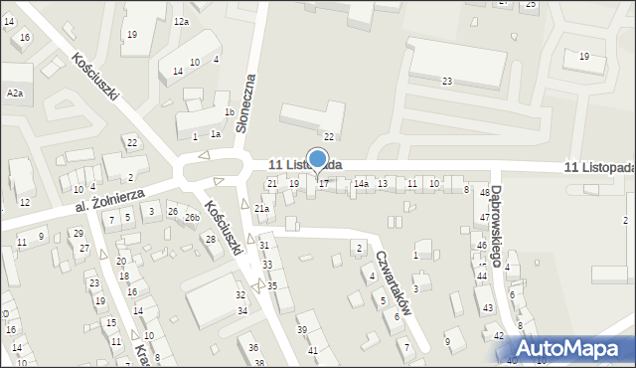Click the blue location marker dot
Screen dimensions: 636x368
[x=318, y=159]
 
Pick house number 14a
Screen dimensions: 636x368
[x=361, y=184]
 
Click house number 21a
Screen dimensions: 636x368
[x=261, y=209]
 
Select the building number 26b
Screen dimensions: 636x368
[x=191, y=217]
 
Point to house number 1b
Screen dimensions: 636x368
[x=230, y=112]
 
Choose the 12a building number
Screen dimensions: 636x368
[x=181, y=21]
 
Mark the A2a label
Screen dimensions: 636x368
[x=14, y=92]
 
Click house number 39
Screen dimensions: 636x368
[x=302, y=329]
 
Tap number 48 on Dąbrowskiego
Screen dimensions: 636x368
[x=485, y=193]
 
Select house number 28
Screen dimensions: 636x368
[x=211, y=239]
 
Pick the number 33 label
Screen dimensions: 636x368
[x=267, y=265]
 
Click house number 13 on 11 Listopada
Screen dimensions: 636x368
[x=382, y=184]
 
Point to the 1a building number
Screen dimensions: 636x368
[x=215, y=133]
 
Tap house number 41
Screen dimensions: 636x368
[x=312, y=350]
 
